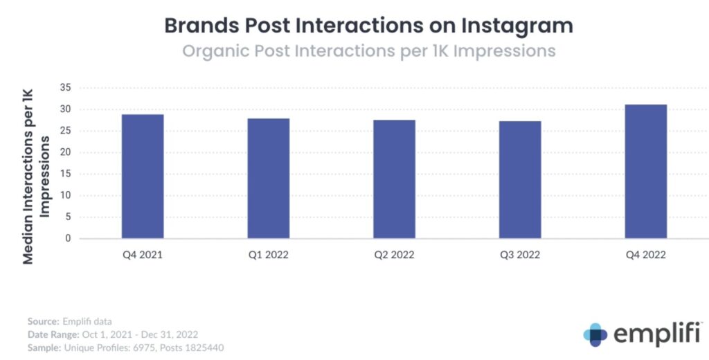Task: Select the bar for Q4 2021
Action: [x=143, y=177]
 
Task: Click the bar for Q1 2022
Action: [x=269, y=179]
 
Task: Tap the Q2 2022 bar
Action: [x=394, y=179]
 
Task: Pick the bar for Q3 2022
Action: [x=520, y=180]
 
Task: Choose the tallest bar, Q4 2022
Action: [x=646, y=172]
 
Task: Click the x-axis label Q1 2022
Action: [x=269, y=255]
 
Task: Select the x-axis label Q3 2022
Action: [x=520, y=255]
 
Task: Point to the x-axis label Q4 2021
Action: [x=143, y=255]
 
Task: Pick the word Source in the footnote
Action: [x=43, y=322]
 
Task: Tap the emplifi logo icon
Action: [x=595, y=334]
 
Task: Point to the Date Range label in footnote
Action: [x=53, y=334]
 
